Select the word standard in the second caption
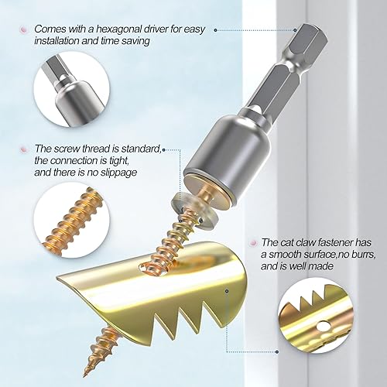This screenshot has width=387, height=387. click(x=139, y=149)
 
